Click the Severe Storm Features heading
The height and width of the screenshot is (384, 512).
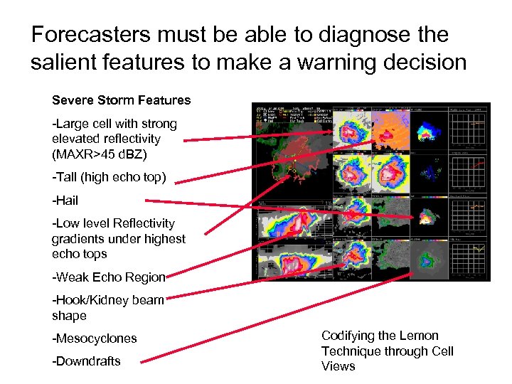(121, 100)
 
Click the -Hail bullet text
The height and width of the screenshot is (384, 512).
(65, 201)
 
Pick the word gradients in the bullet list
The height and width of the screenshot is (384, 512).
(78, 239)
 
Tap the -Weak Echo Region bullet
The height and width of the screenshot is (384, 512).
(108, 277)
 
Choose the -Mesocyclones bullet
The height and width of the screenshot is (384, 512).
(95, 338)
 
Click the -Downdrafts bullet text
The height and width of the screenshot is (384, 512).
(87, 361)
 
